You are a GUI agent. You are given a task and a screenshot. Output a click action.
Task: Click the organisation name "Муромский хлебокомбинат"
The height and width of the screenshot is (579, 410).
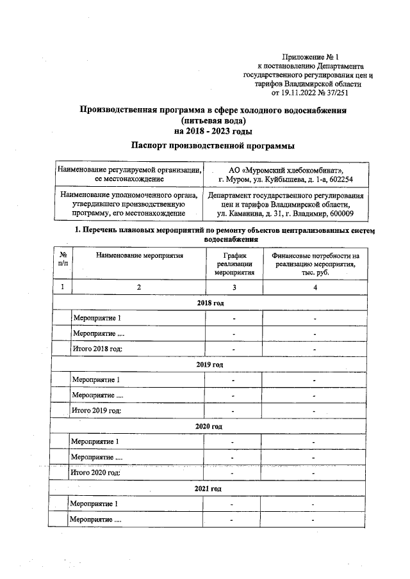(x=288, y=169)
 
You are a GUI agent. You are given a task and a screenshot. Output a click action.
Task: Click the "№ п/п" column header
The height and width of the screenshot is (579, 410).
(x=61, y=259)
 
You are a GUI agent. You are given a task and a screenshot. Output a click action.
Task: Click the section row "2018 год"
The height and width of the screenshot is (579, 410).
(x=209, y=303)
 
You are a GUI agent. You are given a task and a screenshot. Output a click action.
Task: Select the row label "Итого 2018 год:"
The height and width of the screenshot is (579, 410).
(x=97, y=349)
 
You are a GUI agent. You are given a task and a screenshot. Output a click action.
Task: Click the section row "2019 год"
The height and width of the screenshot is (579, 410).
(x=209, y=364)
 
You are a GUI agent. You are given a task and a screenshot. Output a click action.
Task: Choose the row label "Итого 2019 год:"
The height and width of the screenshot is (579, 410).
(x=97, y=410)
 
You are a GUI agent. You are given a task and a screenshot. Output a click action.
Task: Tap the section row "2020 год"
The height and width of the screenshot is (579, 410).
(x=209, y=426)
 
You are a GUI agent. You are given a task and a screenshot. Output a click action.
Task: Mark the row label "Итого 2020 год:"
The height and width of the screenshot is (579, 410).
(x=96, y=473)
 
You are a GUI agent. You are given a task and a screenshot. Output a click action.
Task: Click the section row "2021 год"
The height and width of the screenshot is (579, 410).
(x=208, y=488)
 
